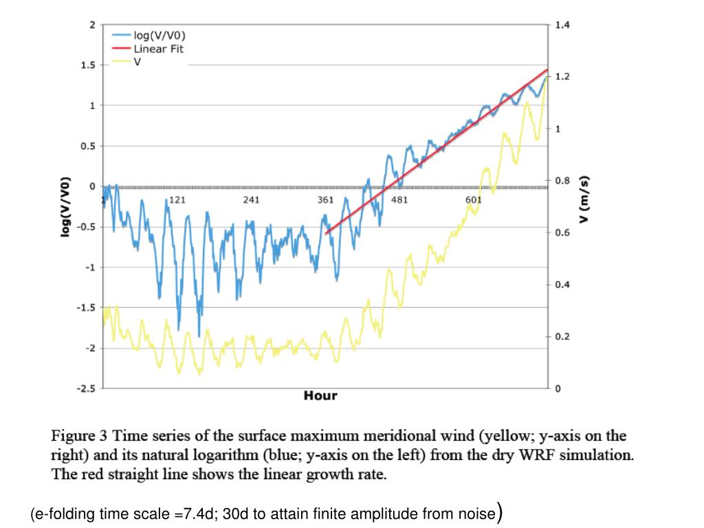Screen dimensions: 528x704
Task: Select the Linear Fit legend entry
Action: [x=158, y=49]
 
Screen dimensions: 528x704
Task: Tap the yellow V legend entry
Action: [x=137, y=61]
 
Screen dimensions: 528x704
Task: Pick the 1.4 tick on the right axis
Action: [x=562, y=25]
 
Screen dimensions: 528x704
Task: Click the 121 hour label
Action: [x=177, y=200]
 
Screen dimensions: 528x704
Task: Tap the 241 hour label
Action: [x=252, y=200]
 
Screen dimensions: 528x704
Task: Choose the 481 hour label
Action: [x=400, y=200]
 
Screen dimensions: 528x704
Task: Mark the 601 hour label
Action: [x=474, y=200]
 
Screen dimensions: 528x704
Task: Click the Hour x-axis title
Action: [x=320, y=396]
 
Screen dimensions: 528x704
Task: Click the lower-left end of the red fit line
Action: [x=326, y=234]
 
